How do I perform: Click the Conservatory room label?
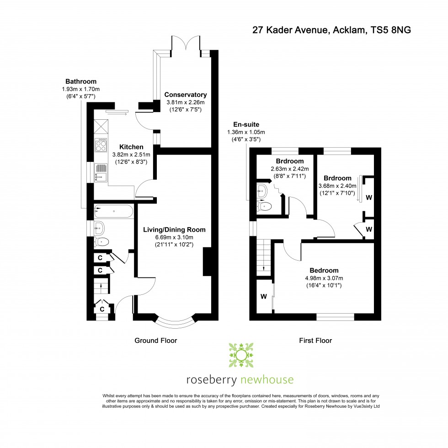185,95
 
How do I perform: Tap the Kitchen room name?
131,147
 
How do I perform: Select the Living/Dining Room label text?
174,229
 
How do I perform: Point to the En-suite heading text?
246,124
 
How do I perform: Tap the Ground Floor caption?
155,341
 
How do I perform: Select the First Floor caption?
315,341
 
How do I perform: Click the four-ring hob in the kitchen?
101,145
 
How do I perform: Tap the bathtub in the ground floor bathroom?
113,212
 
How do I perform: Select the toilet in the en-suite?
265,207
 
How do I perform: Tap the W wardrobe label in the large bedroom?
264,296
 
